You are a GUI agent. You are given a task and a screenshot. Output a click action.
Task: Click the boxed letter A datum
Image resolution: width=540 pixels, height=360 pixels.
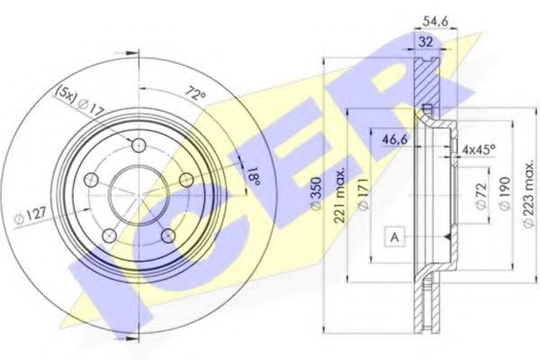click(x=394, y=238)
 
